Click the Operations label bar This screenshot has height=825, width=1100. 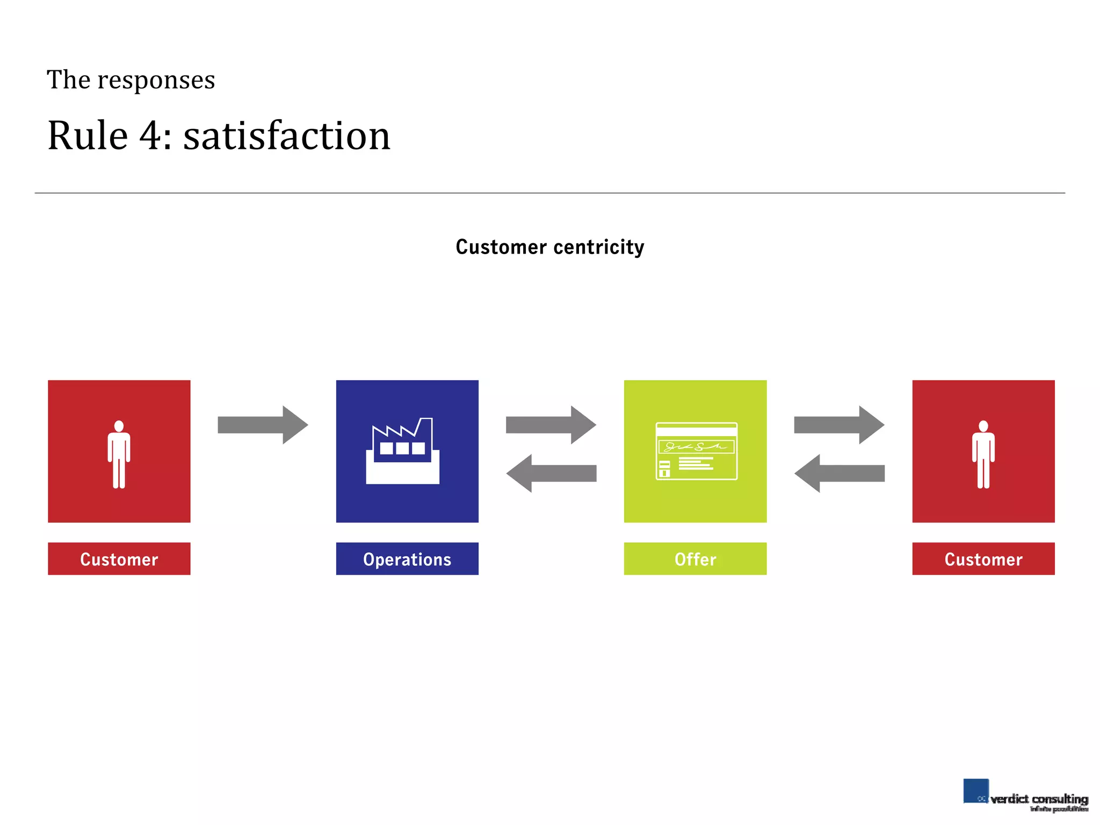click(x=407, y=559)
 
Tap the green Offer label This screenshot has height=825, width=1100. click(x=695, y=559)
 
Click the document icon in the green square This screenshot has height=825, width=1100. click(x=696, y=451)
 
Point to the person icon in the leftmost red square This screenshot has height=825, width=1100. click(x=119, y=454)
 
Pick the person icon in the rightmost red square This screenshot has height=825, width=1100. click(x=983, y=454)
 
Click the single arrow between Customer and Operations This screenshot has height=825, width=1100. click(x=263, y=425)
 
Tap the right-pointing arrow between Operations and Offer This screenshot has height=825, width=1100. click(x=551, y=425)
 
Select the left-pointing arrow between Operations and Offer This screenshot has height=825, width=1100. click(x=551, y=473)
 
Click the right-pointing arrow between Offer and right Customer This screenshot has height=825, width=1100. click(x=839, y=425)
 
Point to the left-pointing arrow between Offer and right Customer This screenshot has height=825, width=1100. click(x=839, y=473)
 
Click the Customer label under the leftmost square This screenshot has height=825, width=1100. click(x=119, y=559)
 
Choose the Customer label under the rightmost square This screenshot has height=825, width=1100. click(x=983, y=559)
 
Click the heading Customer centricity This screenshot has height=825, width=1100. click(x=549, y=247)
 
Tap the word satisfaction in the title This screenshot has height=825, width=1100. click(x=287, y=135)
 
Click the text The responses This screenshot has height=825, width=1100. click(x=131, y=80)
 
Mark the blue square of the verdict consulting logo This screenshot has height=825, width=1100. click(x=975, y=791)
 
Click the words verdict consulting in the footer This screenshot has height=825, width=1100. click(x=1039, y=799)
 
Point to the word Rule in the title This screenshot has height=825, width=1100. click(x=88, y=135)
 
